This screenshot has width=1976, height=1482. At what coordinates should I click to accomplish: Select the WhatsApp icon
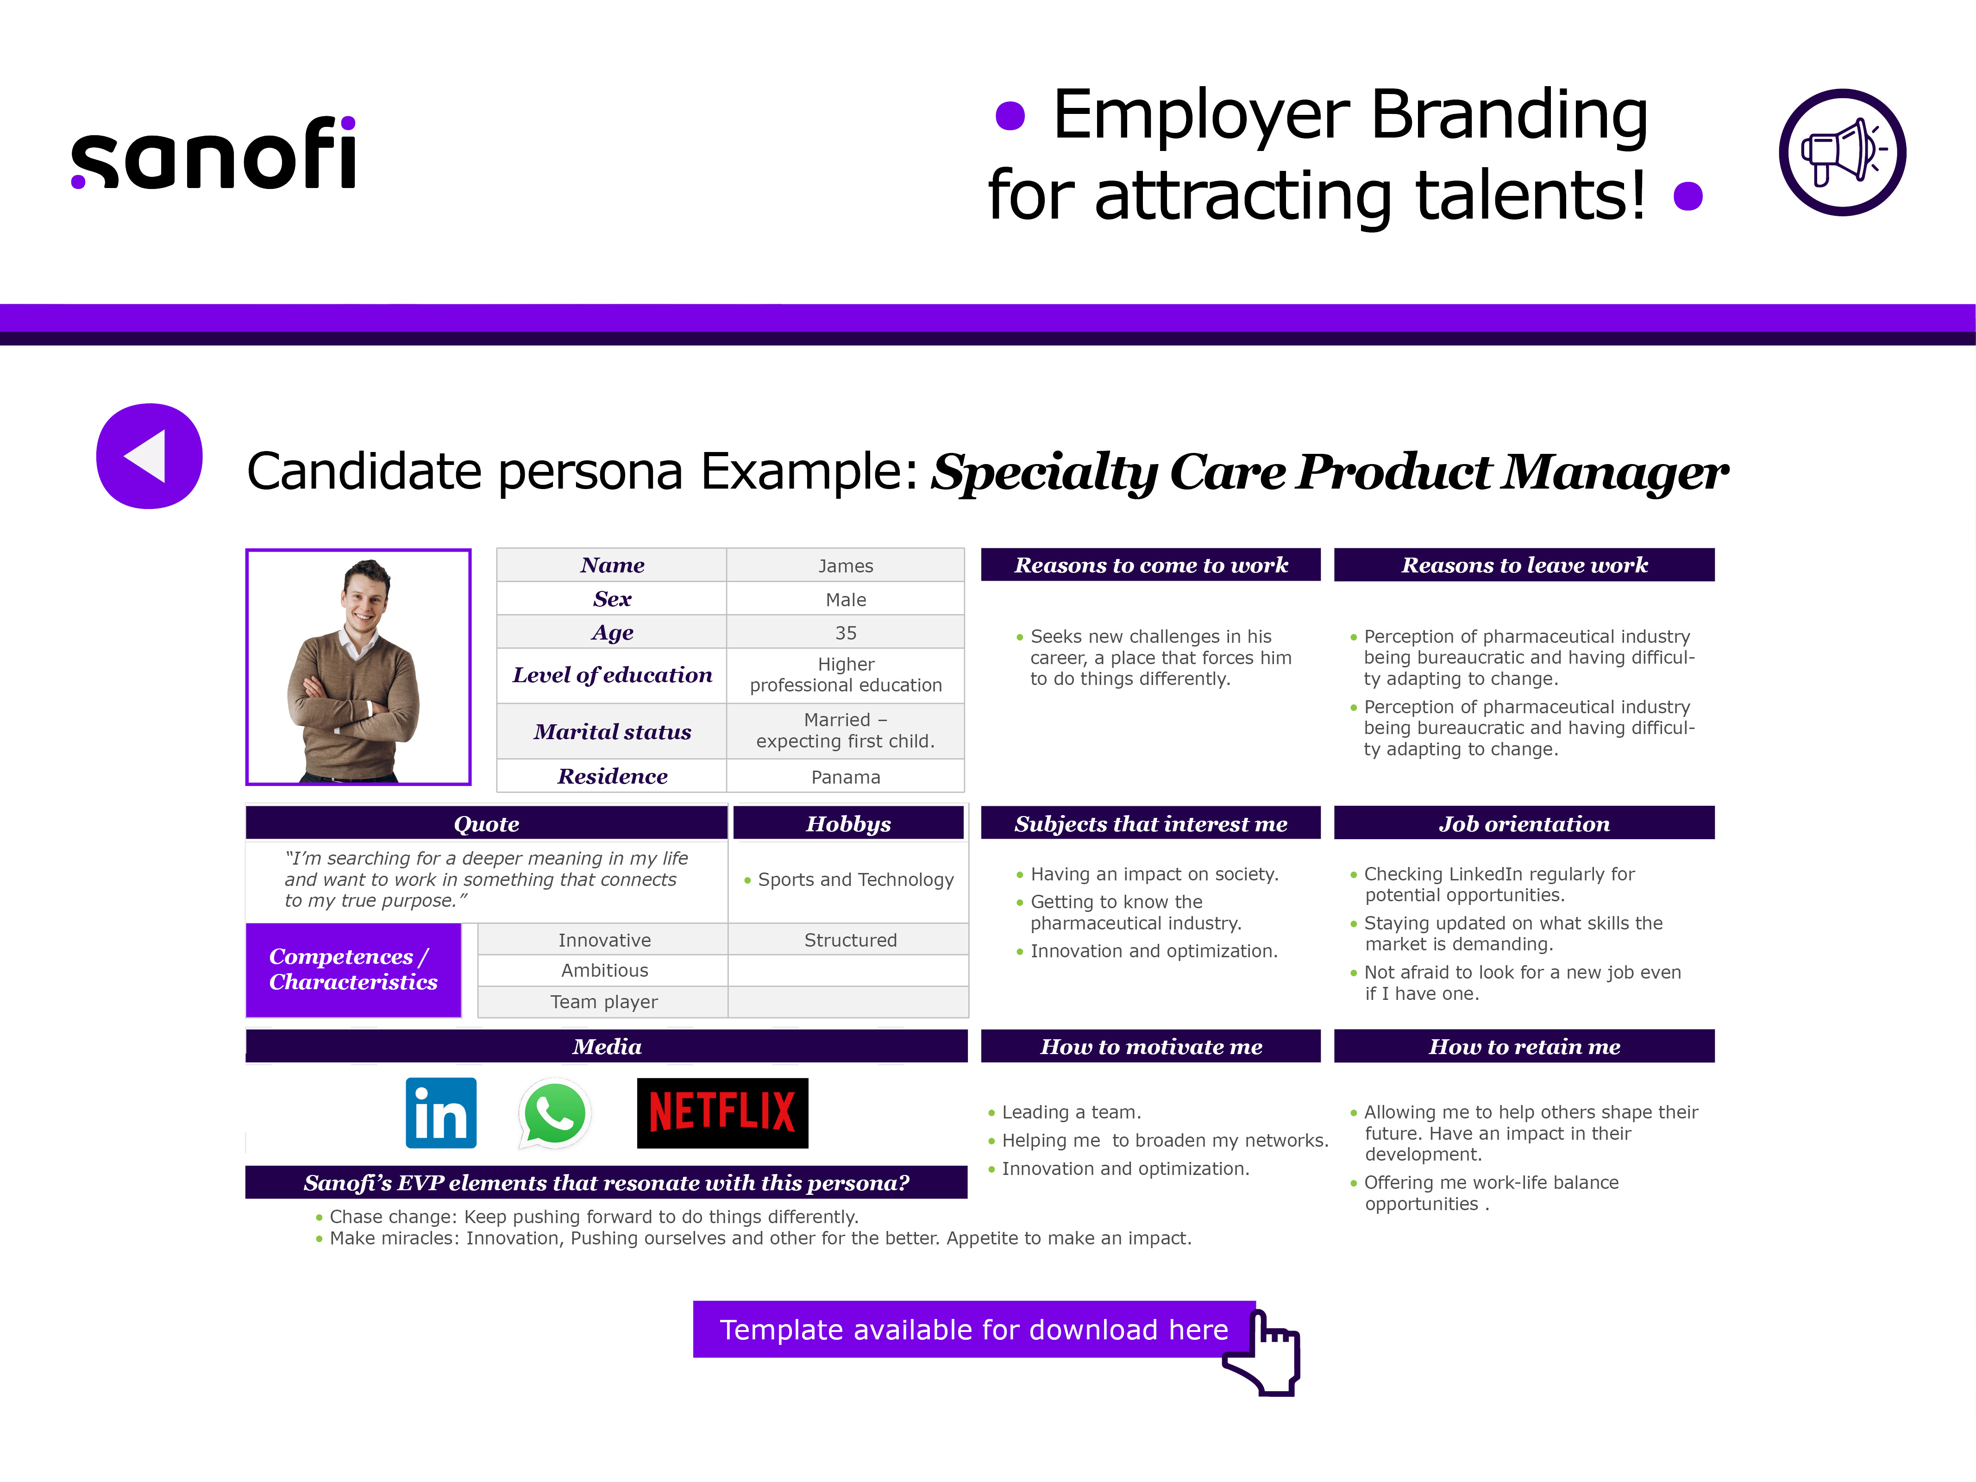[555, 1113]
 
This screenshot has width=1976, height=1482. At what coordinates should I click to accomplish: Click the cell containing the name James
[845, 565]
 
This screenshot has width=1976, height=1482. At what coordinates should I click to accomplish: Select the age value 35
[845, 633]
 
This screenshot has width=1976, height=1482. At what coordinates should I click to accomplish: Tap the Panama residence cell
[845, 776]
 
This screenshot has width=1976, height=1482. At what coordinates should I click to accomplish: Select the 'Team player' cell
[604, 1001]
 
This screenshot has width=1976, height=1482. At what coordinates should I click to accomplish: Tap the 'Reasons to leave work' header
[1524, 565]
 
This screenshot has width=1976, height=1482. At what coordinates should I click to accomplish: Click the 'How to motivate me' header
[1151, 1046]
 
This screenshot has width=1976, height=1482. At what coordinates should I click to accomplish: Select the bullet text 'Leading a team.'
[1071, 1112]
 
